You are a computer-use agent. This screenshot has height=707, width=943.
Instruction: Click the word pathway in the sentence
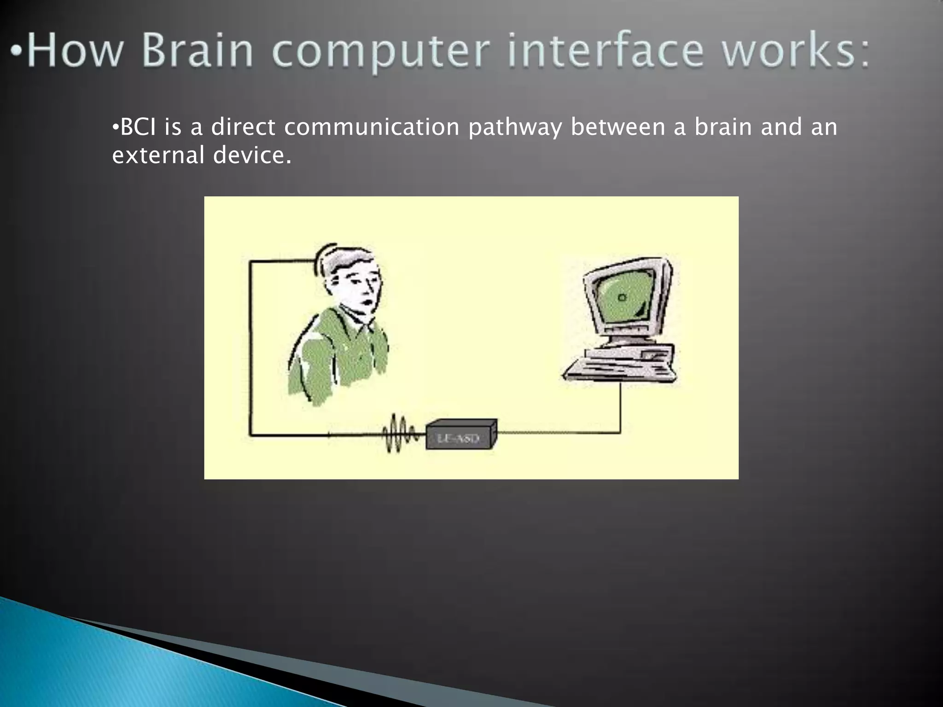click(515, 128)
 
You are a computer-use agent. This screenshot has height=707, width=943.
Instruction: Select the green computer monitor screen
click(624, 297)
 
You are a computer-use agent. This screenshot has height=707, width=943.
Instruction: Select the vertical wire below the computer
click(620, 407)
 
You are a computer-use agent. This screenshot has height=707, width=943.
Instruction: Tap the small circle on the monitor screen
click(622, 297)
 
